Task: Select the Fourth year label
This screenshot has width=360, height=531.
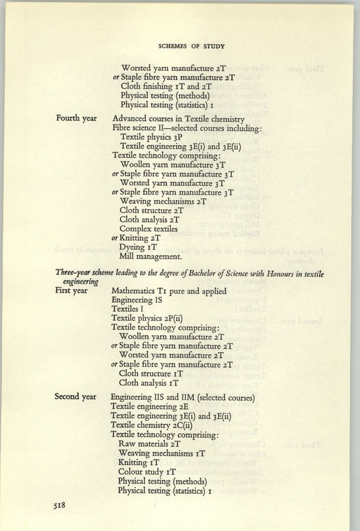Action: point(76,119)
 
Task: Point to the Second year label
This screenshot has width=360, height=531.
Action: point(76,396)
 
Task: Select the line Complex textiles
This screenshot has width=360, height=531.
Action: point(148,228)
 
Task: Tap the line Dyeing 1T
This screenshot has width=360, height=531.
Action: point(136,247)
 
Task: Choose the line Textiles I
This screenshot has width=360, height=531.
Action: point(129,310)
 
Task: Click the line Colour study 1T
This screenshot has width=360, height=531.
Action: point(148,471)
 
